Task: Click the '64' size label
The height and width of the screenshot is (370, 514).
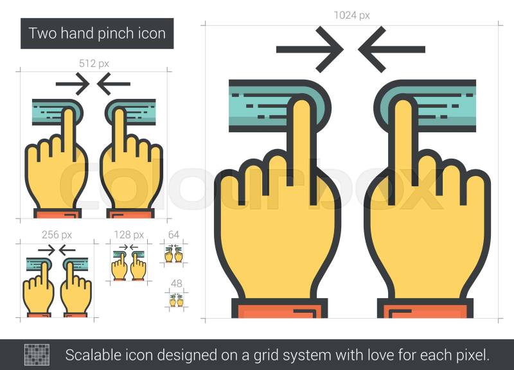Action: coord(173,234)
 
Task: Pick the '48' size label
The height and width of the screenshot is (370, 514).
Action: coord(176,283)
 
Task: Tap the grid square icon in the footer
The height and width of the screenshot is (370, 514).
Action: coord(37,355)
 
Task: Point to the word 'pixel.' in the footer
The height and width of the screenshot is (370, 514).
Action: coord(472,356)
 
